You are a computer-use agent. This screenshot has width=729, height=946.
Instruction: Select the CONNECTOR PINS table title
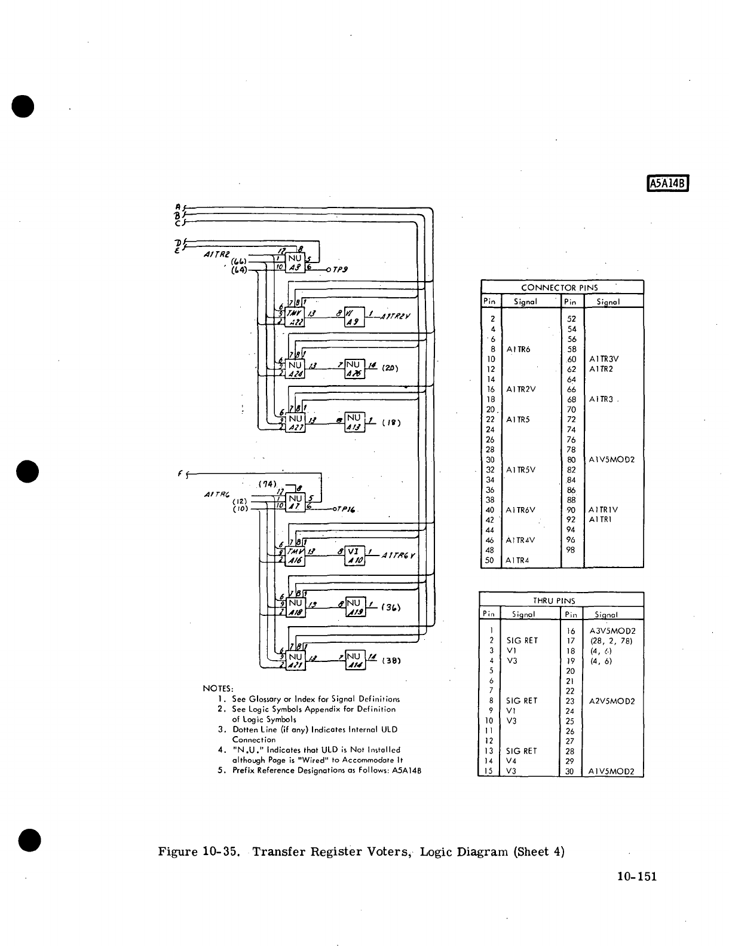click(559, 288)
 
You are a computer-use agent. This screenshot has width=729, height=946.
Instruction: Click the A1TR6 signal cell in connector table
click(518, 349)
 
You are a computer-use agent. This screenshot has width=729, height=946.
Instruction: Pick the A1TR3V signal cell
click(604, 359)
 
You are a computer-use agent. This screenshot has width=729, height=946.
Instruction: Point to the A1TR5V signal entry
click(520, 469)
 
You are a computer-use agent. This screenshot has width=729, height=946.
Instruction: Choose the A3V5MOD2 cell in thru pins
click(612, 631)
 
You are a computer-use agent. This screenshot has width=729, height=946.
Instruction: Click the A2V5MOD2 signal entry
click(612, 701)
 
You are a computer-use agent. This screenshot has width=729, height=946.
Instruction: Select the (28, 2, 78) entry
click(609, 641)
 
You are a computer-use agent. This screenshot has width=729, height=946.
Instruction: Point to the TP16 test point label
click(347, 509)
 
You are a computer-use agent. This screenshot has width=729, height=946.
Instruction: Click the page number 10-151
click(637, 877)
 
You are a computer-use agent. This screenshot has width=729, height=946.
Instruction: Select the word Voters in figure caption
click(384, 852)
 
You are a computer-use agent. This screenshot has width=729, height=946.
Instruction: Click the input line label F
click(180, 474)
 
